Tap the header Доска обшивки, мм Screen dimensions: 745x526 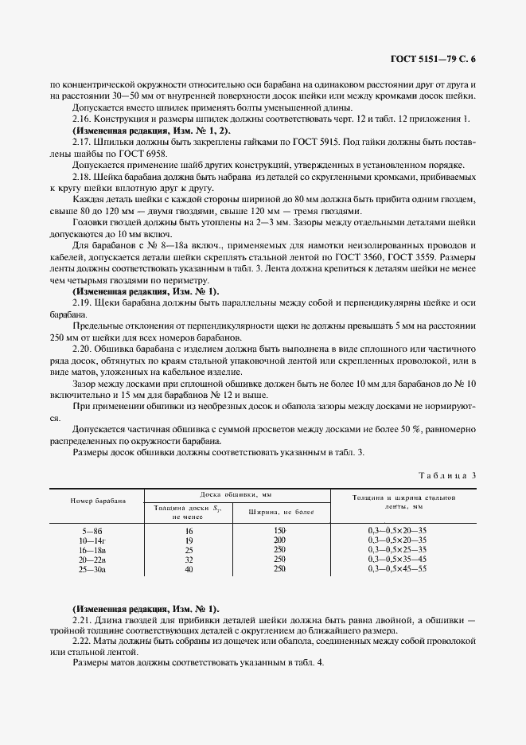click(232, 495)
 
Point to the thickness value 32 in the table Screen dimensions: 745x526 click(189, 560)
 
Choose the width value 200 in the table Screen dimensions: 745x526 click(279, 540)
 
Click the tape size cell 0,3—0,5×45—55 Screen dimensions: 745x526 click(397, 569)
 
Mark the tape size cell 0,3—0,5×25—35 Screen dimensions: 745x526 click(397, 549)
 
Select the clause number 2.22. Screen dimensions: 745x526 click(82, 641)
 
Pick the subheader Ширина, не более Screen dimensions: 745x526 click(278, 512)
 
